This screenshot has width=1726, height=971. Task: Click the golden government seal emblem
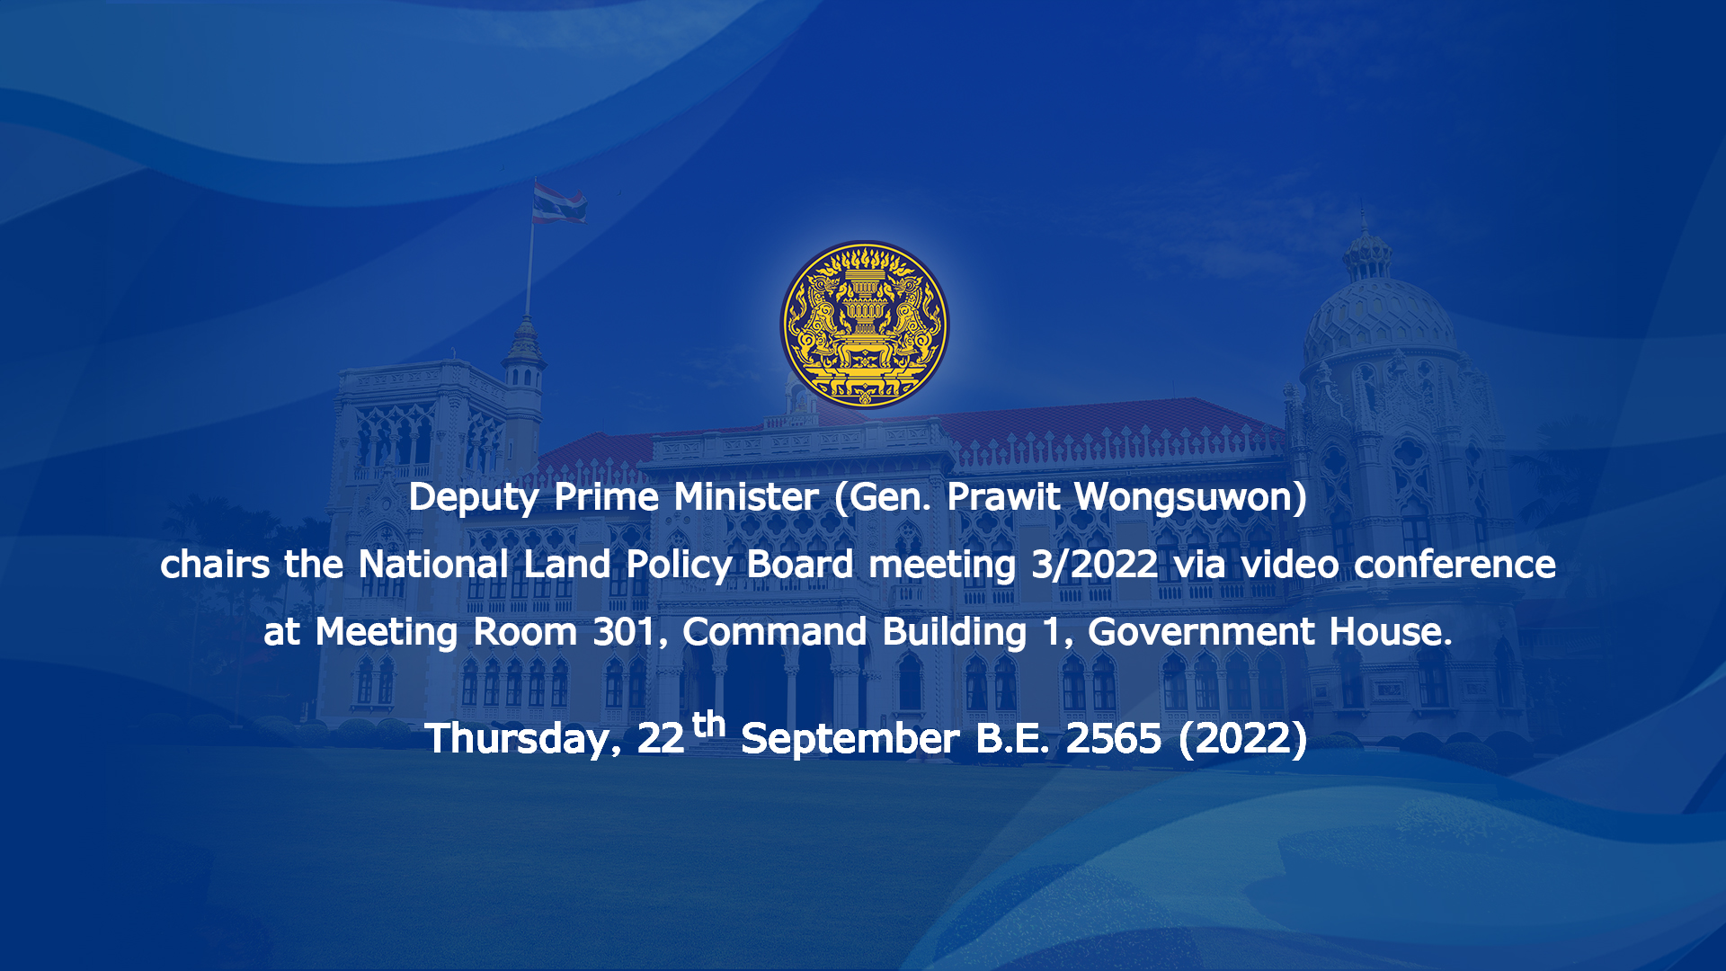pyautogui.click(x=863, y=324)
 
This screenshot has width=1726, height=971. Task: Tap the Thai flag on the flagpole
pyautogui.click(x=558, y=203)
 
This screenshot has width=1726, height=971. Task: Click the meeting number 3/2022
pyautogui.click(x=1094, y=566)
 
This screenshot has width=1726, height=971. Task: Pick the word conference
pyautogui.click(x=1455, y=565)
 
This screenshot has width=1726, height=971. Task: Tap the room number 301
pyautogui.click(x=625, y=632)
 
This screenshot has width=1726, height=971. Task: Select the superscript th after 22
pyautogui.click(x=709, y=724)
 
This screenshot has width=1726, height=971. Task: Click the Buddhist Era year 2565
pyautogui.click(x=1114, y=739)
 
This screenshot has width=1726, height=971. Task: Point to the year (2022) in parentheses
pyautogui.click(x=1243, y=740)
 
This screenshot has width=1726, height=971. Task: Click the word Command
pyautogui.click(x=775, y=632)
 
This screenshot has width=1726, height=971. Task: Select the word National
pyautogui.click(x=433, y=565)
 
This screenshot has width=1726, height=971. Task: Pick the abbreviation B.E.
pyautogui.click(x=1012, y=739)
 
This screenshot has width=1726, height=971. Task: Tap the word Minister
pyautogui.click(x=746, y=497)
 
